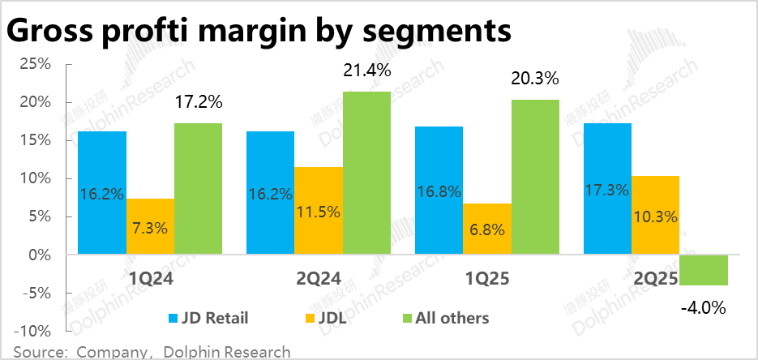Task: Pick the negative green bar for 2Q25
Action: pos(704,270)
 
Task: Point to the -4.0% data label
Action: pos(703,307)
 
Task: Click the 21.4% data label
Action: pos(366,71)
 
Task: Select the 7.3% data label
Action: pos(150,228)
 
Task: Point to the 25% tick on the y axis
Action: pos(36,64)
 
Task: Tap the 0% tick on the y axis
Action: pos(40,255)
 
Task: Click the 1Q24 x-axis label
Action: pos(150,277)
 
